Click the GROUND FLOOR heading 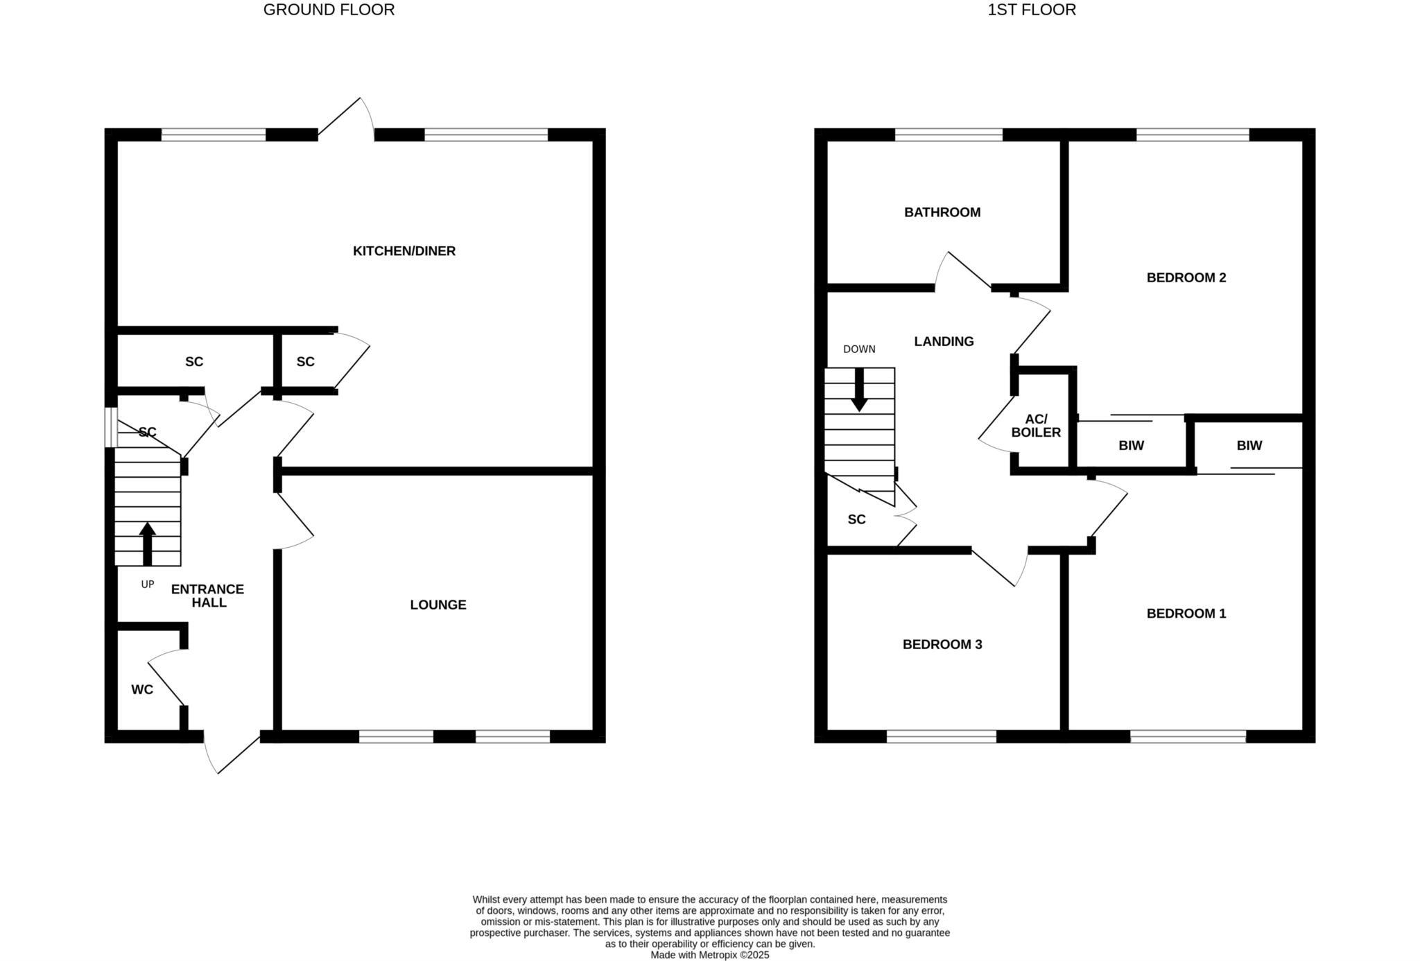tap(329, 10)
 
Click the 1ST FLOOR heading tap(1032, 10)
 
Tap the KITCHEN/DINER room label tap(404, 251)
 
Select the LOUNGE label tap(438, 605)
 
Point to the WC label tap(142, 690)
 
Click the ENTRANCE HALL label tap(208, 596)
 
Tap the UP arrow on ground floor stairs tap(147, 543)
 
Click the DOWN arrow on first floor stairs tap(860, 390)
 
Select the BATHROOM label tap(942, 212)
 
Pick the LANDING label tap(944, 341)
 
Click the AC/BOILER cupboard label tap(1036, 426)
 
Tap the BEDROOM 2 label tap(1186, 278)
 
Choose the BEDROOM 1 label tap(1186, 614)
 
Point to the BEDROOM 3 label tap(942, 644)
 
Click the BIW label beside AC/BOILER tap(1131, 446)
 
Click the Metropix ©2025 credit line tap(710, 955)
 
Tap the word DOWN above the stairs tap(859, 349)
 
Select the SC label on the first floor tap(857, 519)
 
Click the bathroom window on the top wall tap(949, 135)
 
